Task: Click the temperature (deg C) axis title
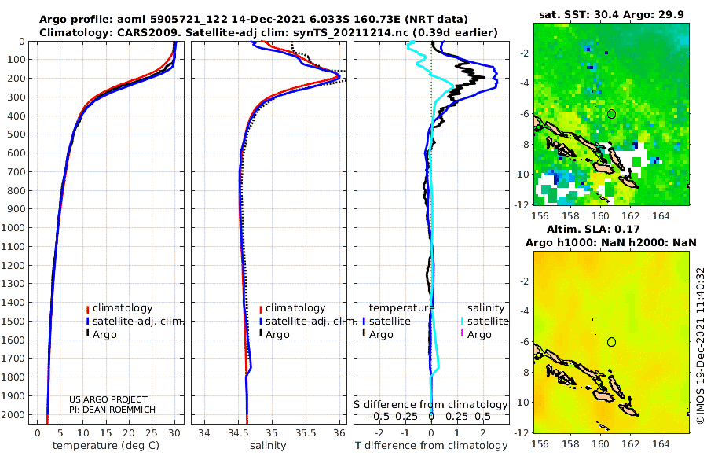[106, 446]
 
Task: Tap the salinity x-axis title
[268, 446]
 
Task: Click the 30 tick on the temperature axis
[174, 433]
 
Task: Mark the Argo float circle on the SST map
[611, 114]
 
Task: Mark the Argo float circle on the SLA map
[611, 342]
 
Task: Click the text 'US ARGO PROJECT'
[108, 399]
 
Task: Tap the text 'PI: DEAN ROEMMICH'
[112, 410]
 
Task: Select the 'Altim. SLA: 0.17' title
[593, 230]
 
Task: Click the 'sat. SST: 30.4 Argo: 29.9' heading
[611, 14]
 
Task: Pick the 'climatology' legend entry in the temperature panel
[119, 308]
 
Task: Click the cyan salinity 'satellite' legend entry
[485, 322]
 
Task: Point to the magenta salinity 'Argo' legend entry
[476, 335]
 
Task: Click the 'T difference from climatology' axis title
[431, 446]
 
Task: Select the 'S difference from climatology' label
[430, 405]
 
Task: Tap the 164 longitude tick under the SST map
[661, 215]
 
